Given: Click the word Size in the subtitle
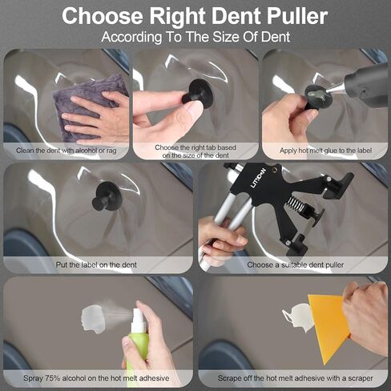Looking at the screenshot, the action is click(x=226, y=37).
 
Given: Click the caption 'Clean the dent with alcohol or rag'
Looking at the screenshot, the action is click(x=67, y=151).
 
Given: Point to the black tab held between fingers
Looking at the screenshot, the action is click(x=198, y=94).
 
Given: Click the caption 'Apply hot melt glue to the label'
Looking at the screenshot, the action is click(x=325, y=151).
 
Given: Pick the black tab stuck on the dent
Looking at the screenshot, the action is click(x=107, y=195).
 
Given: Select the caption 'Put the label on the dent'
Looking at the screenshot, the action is click(x=96, y=265).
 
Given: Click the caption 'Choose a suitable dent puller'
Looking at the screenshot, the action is click(x=296, y=265).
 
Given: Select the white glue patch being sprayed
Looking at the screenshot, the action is click(x=93, y=319).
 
